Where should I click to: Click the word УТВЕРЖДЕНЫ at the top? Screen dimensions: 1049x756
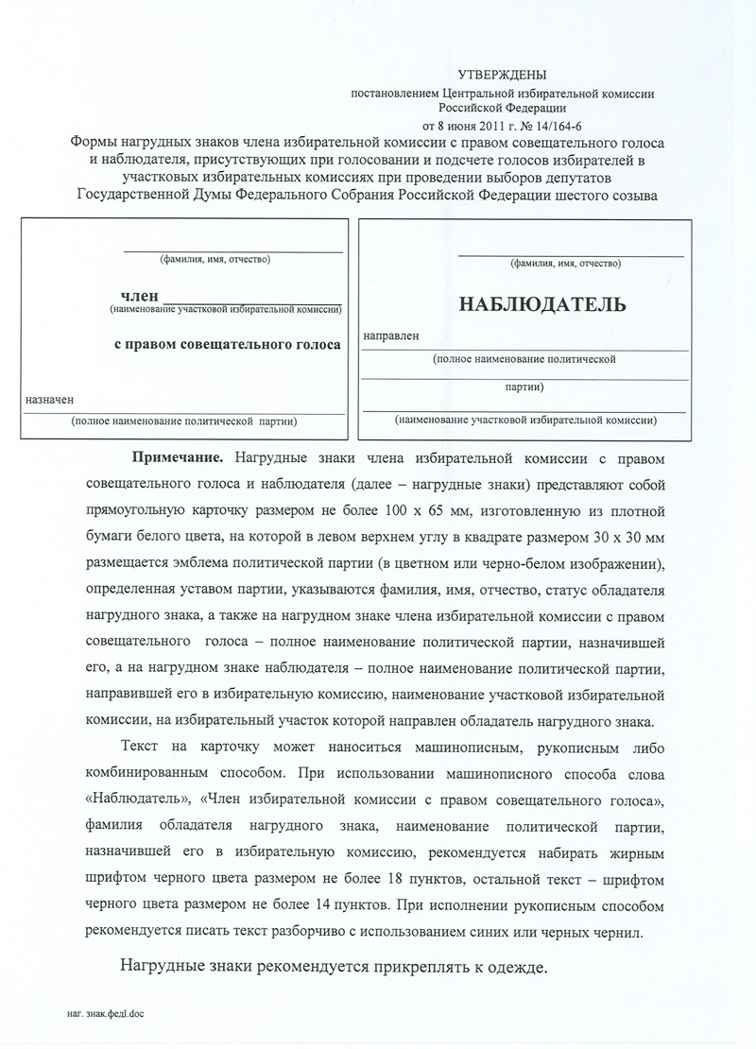coord(502,74)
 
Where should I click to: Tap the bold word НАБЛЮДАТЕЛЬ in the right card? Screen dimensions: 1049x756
coord(541,304)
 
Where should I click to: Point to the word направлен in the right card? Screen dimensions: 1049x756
coord(390,336)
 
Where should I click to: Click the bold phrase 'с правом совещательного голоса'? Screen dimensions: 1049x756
coord(227,345)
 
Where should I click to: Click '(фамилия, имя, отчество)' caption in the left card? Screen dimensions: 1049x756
coord(215,259)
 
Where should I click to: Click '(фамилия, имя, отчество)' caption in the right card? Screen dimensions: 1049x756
coord(566,263)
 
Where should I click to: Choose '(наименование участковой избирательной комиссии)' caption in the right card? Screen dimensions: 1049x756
coord(526,419)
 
